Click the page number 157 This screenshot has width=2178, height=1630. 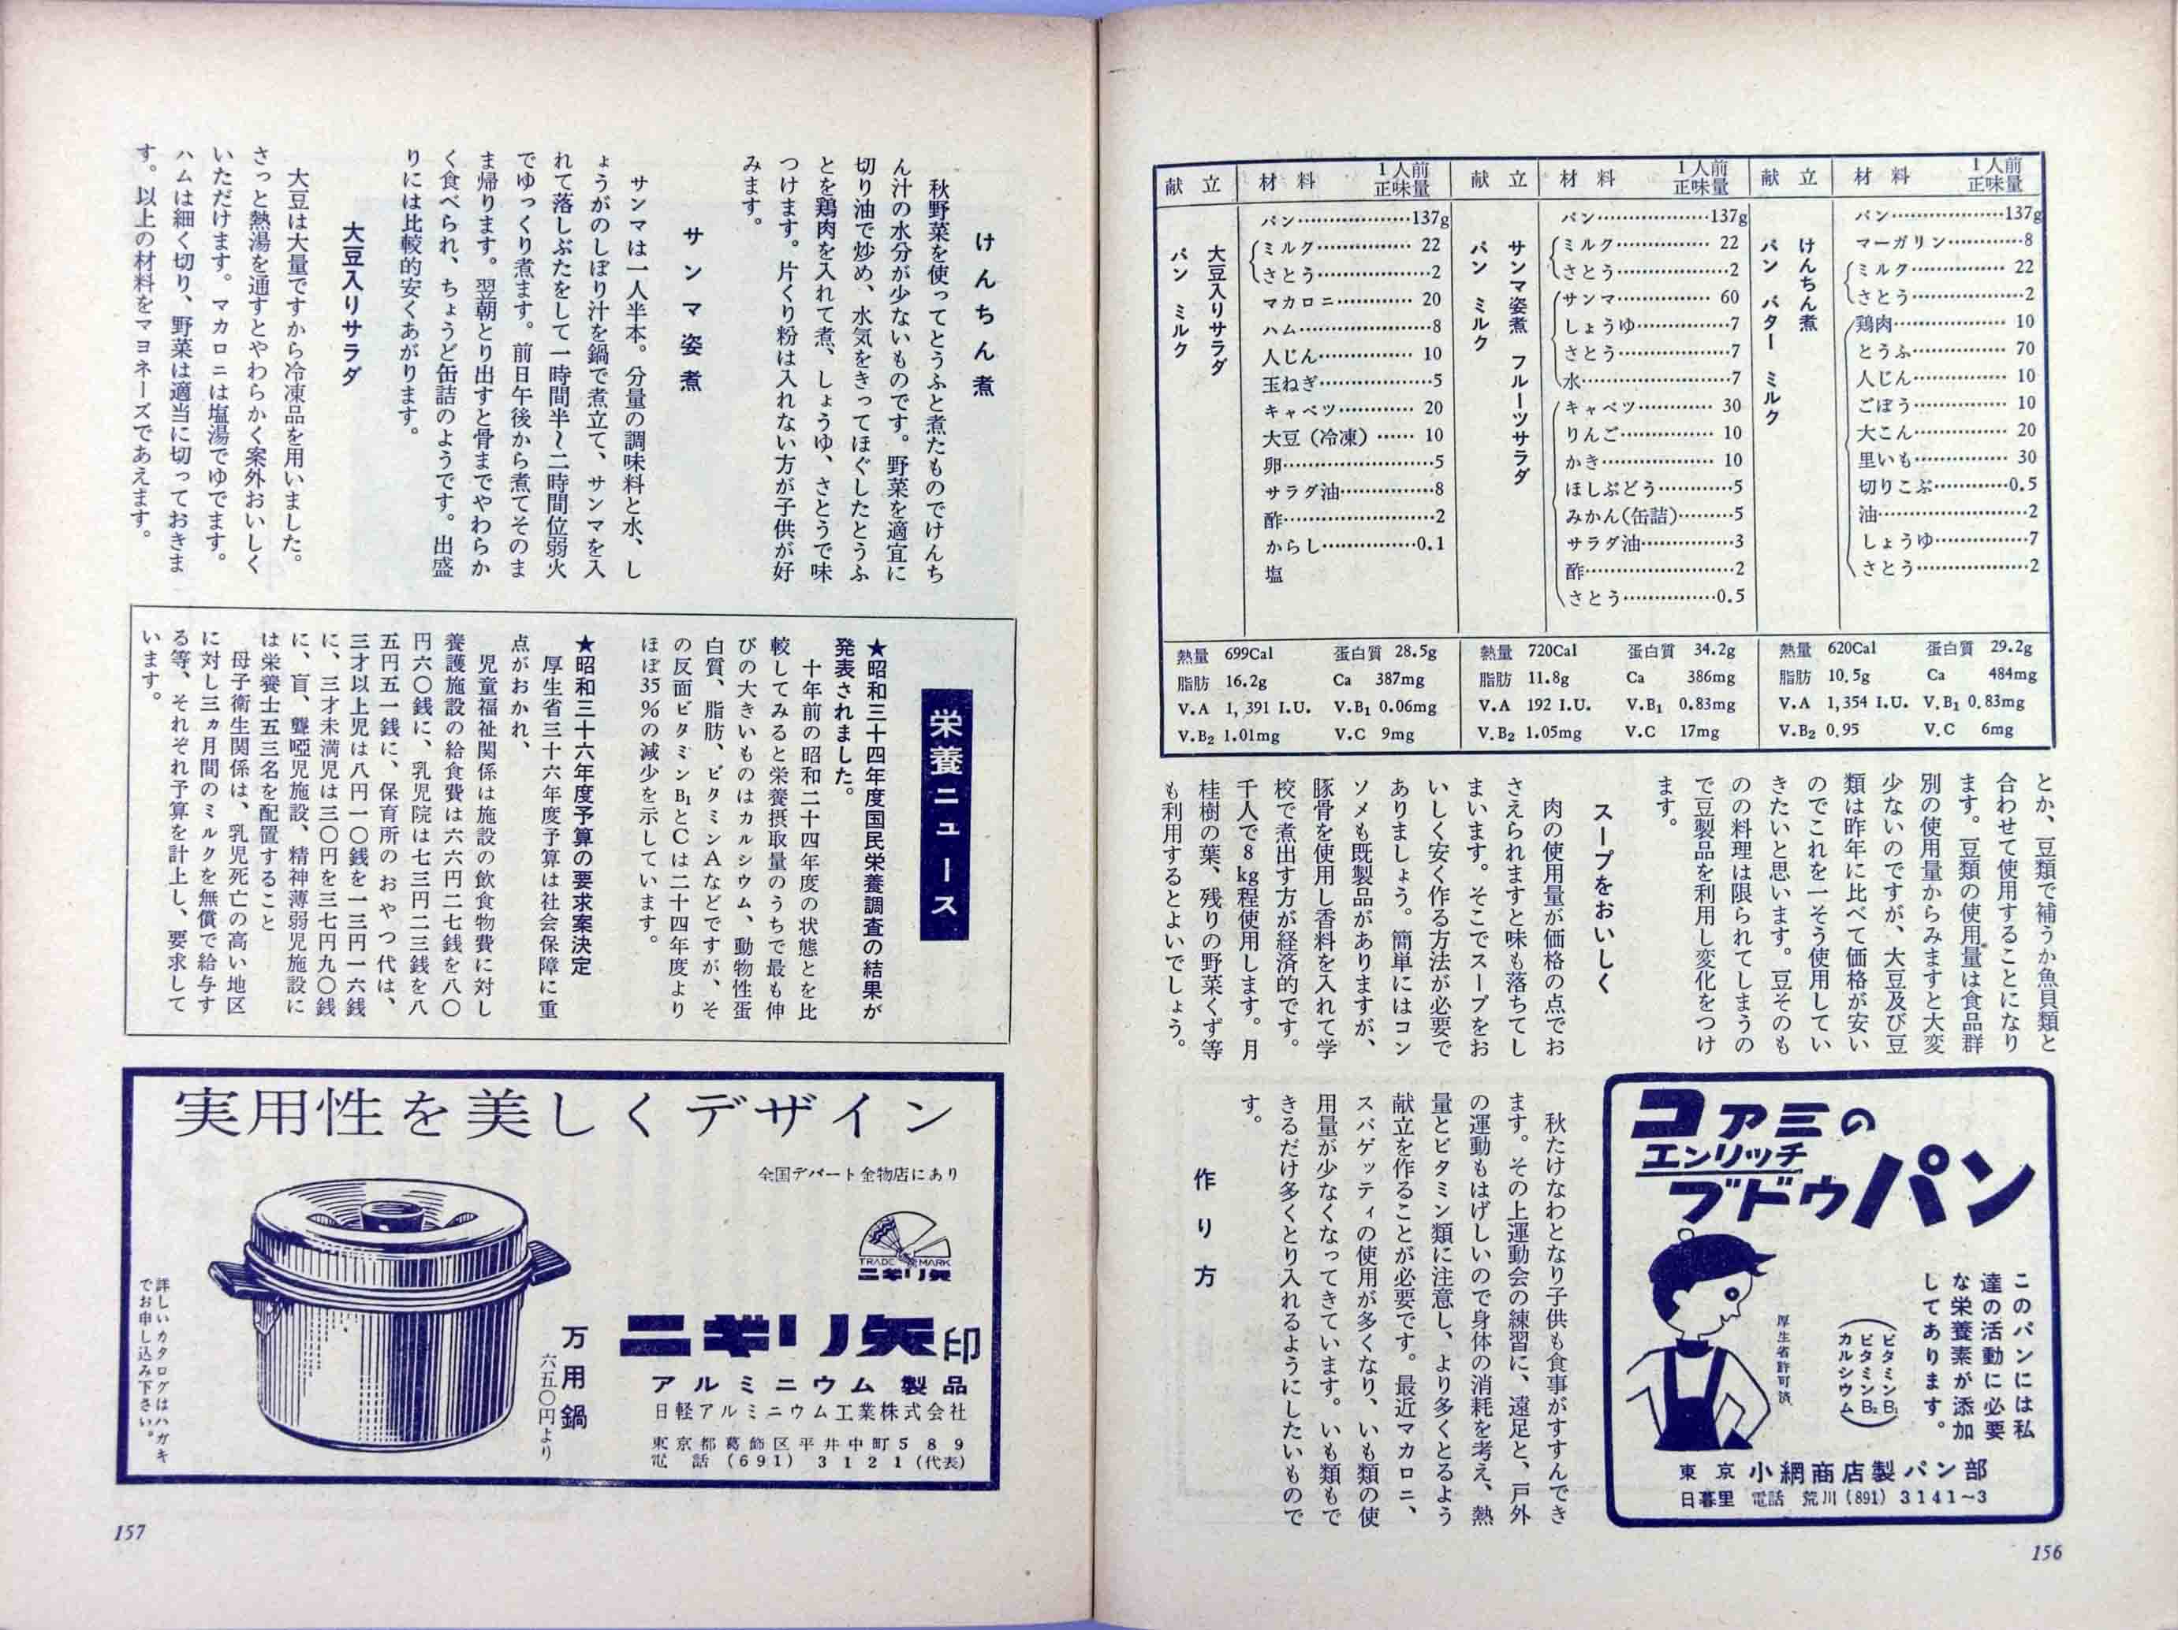tap(130, 1532)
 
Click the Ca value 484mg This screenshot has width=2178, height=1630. tap(2011, 675)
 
